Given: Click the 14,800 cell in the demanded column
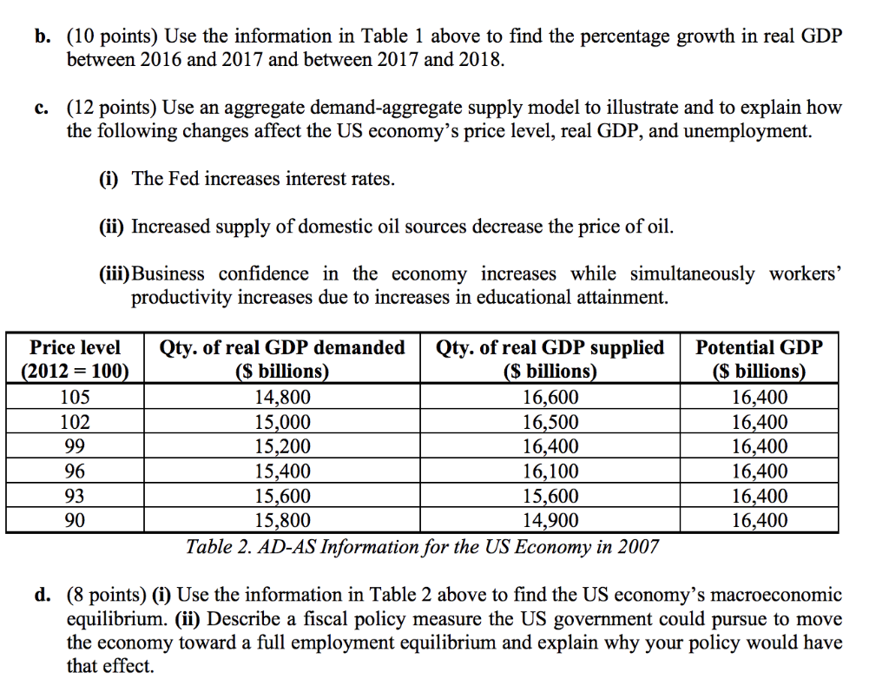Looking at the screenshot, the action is click(x=282, y=399).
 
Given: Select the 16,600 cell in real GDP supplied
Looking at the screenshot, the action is click(x=550, y=399).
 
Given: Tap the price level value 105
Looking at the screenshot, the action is click(x=76, y=399).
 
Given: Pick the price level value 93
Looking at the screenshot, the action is click(x=76, y=497).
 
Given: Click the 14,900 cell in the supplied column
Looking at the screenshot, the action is click(x=550, y=521).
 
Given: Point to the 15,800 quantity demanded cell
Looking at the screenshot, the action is click(x=282, y=521).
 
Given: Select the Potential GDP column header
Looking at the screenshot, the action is click(x=760, y=359).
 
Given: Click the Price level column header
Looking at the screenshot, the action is click(x=76, y=359).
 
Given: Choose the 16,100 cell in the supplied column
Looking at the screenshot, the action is click(x=550, y=472).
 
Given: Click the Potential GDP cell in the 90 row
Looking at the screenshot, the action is click(x=760, y=521).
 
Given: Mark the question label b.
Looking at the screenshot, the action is click(x=42, y=37).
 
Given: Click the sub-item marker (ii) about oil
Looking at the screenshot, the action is click(x=112, y=227).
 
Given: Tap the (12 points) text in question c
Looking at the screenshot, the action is click(x=111, y=109).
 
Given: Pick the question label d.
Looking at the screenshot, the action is click(x=42, y=596).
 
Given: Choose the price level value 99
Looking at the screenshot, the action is click(x=76, y=447).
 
